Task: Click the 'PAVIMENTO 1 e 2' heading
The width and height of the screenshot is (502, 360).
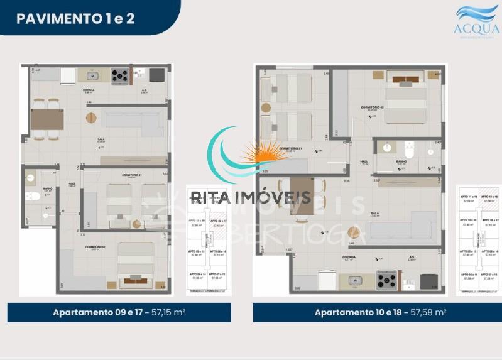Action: [75, 18]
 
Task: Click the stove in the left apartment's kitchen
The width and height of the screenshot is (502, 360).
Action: [119, 76]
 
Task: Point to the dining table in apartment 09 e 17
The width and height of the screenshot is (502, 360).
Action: [47, 119]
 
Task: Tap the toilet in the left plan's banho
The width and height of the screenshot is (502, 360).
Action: [33, 197]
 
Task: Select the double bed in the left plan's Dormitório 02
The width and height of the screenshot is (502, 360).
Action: [136, 264]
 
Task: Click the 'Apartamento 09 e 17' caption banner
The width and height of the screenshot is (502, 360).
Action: [119, 312]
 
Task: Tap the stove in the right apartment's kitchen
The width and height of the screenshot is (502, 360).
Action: [386, 280]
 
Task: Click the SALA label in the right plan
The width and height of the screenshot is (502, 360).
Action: [374, 214]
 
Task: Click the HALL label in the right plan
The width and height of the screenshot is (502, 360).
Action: [364, 161]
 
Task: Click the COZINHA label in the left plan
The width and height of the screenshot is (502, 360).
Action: [89, 90]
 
